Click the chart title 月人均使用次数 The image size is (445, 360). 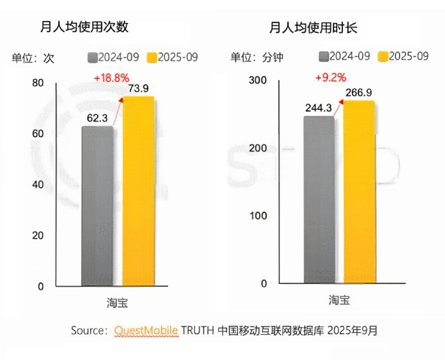click(x=84, y=27)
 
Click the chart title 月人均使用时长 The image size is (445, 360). click(x=313, y=28)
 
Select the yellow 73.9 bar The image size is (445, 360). click(x=138, y=192)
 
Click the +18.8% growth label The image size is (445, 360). click(x=111, y=78)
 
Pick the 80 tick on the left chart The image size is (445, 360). click(x=37, y=83)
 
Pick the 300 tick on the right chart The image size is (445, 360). click(x=257, y=80)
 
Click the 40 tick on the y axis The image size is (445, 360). click(x=37, y=185)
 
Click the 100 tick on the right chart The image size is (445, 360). click(x=257, y=216)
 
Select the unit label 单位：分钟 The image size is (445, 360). click(x=257, y=58)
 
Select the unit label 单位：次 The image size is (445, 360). click(x=33, y=58)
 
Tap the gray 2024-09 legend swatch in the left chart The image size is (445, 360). click(x=92, y=58)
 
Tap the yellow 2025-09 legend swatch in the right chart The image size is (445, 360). click(x=383, y=57)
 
